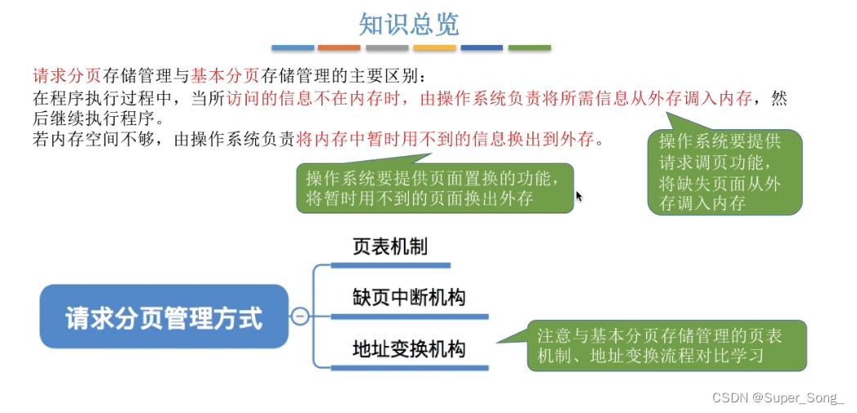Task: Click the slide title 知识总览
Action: point(409,24)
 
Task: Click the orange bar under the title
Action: point(339,48)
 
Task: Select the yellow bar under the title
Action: point(434,48)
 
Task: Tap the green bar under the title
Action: point(529,48)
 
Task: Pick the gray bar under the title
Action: point(387,48)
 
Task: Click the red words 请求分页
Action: point(66,76)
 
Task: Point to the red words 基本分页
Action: point(225,76)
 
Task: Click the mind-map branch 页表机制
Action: point(390,246)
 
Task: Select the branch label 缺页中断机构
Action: point(409,297)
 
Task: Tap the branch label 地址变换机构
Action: point(409,349)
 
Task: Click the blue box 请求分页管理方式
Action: point(164,317)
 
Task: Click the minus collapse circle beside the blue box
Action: point(300,316)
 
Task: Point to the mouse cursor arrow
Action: point(579,196)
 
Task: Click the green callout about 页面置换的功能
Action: point(433,188)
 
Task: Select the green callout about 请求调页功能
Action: point(725,173)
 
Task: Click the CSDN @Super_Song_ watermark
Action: point(778,398)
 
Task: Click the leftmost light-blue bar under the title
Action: point(292,48)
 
